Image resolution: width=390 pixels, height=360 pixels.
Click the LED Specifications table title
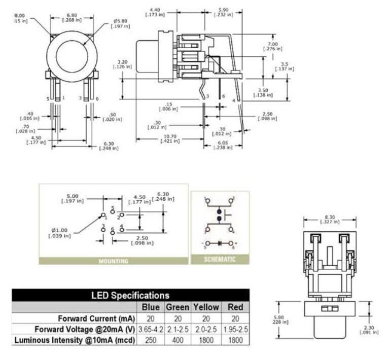click(130, 295)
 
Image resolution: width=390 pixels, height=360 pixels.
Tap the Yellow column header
click(206, 307)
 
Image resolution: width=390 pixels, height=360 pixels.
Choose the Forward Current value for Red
click(235, 318)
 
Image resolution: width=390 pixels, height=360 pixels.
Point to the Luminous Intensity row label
click(75, 340)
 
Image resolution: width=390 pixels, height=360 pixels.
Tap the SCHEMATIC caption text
click(220, 260)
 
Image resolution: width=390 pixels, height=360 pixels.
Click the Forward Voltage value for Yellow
click(206, 330)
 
